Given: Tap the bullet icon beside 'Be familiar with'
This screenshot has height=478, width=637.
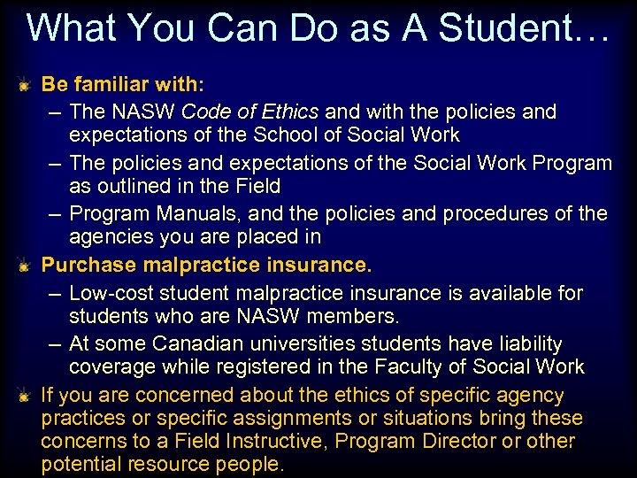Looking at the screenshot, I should (27, 86).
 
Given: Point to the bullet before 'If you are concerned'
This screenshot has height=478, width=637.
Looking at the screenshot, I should (27, 396).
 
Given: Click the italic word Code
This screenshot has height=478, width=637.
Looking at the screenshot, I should (206, 112).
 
